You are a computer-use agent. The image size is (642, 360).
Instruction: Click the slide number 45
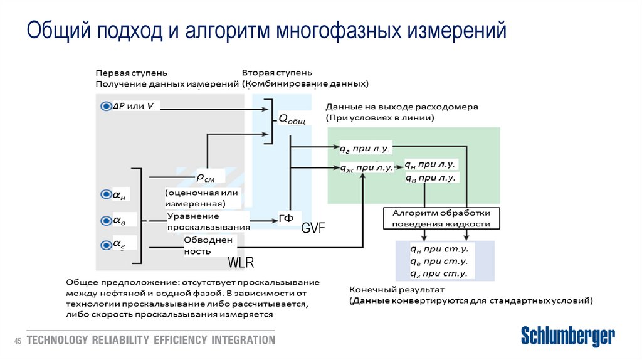[18, 341]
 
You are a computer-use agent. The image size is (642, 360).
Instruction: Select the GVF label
[313, 228]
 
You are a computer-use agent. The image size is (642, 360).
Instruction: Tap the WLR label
[241, 262]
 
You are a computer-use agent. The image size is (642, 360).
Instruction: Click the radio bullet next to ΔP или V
[105, 107]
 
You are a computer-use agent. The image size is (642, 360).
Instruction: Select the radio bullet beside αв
[105, 220]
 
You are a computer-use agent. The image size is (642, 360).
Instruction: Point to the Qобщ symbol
[292, 119]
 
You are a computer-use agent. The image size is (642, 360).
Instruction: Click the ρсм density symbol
[206, 177]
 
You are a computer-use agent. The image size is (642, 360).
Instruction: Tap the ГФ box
[286, 218]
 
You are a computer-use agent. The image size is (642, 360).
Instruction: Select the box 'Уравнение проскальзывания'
[208, 221]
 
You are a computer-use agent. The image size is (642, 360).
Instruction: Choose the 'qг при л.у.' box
[365, 149]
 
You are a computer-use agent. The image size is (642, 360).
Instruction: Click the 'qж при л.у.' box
[366, 167]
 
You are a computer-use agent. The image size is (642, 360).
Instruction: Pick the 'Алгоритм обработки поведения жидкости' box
[441, 218]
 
